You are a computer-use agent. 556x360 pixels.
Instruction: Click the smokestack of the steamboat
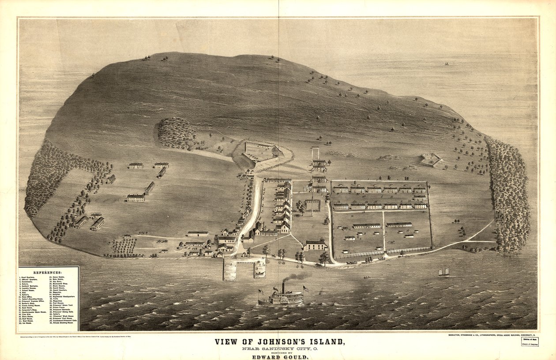click(x=283, y=288)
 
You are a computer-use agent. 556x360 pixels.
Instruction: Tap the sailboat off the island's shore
click(x=444, y=272)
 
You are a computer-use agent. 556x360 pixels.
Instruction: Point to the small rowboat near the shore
click(x=366, y=277)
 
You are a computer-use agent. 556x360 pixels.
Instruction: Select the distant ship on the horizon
click(x=447, y=64)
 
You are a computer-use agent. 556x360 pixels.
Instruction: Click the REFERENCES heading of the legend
click(x=49, y=273)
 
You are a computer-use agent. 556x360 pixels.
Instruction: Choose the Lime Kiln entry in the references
click(x=28, y=314)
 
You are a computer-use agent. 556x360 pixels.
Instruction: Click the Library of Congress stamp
click(x=530, y=341)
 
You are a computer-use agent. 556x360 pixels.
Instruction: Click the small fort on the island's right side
click(x=431, y=159)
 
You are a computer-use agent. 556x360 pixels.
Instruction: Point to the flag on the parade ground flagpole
click(x=308, y=187)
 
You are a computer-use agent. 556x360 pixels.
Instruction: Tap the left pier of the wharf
click(x=229, y=269)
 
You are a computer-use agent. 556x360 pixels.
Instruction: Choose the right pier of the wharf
click(x=259, y=268)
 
